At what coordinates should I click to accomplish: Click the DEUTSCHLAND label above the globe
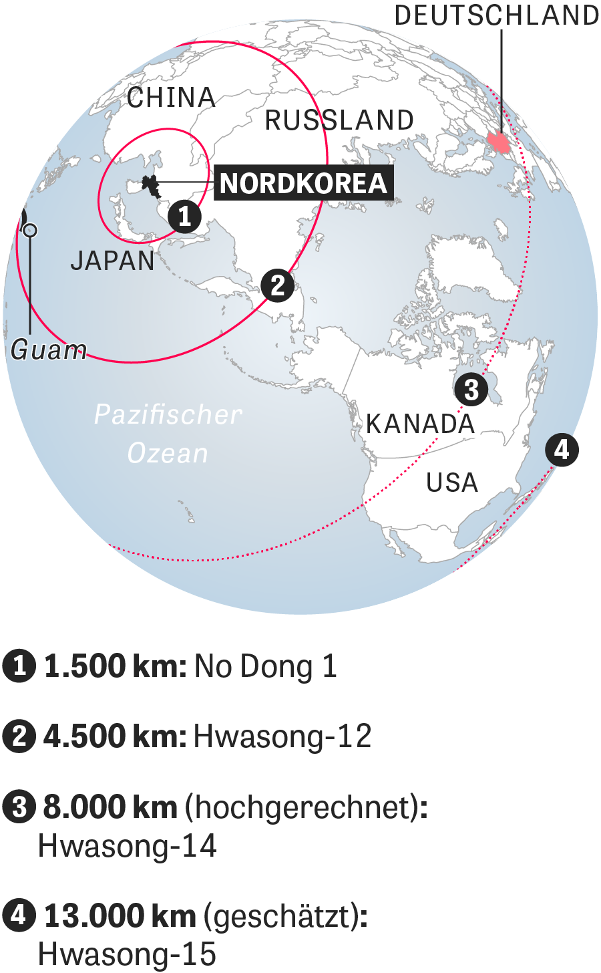pyautogui.click(x=497, y=15)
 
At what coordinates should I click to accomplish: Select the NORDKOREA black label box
pyautogui.click(x=304, y=183)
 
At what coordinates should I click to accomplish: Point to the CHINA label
pyautogui.click(x=172, y=98)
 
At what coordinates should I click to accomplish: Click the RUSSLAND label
pyautogui.click(x=340, y=121)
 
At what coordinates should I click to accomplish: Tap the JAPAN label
pyautogui.click(x=113, y=261)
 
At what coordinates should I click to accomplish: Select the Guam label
pyautogui.click(x=49, y=350)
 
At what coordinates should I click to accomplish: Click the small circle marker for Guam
pyautogui.click(x=29, y=231)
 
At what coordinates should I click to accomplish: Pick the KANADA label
pyautogui.click(x=420, y=424)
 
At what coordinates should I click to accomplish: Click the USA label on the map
pyautogui.click(x=452, y=482)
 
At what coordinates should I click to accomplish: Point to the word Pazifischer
pyautogui.click(x=168, y=414)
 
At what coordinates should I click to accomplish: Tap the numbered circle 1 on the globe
pyautogui.click(x=184, y=217)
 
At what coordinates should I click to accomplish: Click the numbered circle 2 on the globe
pyautogui.click(x=278, y=285)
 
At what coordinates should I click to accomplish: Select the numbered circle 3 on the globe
pyautogui.click(x=471, y=389)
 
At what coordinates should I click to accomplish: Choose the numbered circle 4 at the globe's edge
pyautogui.click(x=562, y=449)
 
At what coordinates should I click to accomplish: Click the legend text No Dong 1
pyautogui.click(x=265, y=667)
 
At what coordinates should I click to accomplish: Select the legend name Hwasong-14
pyautogui.click(x=128, y=846)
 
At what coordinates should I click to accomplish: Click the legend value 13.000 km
pyautogui.click(x=120, y=916)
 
